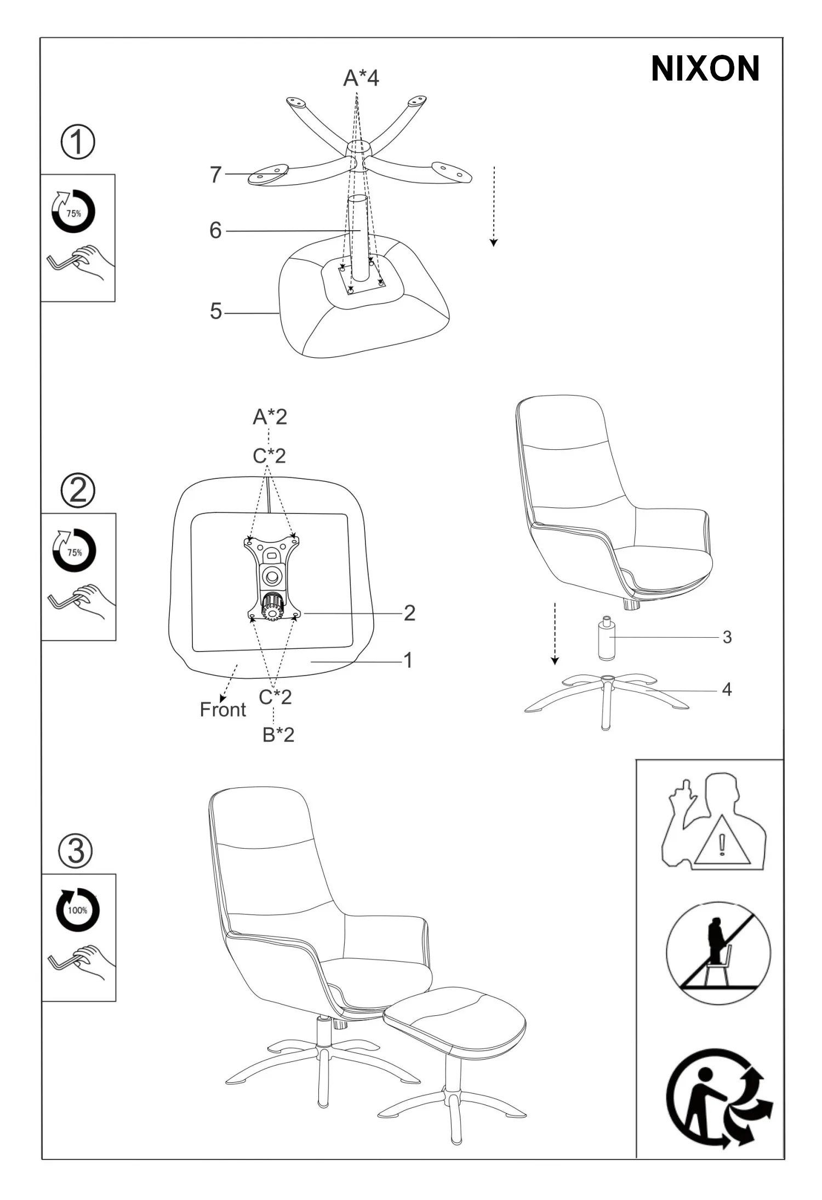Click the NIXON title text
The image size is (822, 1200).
tap(705, 68)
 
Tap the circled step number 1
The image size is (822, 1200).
tap(77, 142)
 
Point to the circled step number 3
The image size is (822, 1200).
tap(76, 851)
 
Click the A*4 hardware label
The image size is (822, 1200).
tap(361, 78)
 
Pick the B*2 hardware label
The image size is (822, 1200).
tap(278, 735)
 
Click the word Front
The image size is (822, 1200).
tap(223, 710)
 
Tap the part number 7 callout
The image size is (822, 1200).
tap(216, 175)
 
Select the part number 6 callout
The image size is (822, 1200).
tap(216, 231)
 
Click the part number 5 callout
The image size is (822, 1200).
tap(216, 311)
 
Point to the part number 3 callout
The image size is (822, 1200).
tap(727, 637)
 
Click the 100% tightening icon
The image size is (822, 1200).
tap(78, 910)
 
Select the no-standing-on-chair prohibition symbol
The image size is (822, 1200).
tap(718, 953)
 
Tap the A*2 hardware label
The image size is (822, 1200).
tap(270, 417)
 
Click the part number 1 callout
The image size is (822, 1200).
tap(408, 660)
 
